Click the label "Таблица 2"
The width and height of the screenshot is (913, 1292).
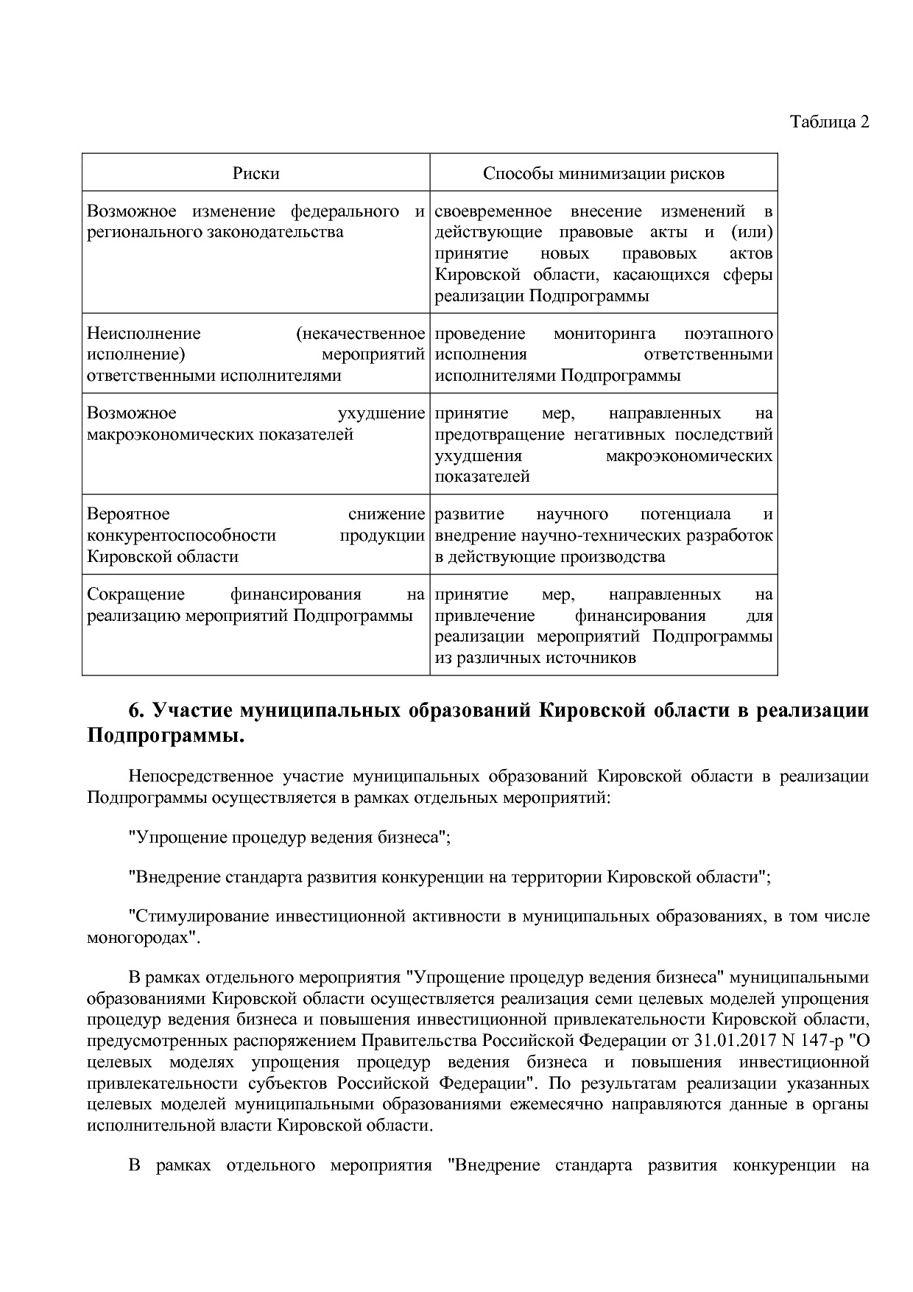pyautogui.click(x=829, y=122)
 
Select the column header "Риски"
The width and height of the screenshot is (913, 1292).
pyautogui.click(x=255, y=173)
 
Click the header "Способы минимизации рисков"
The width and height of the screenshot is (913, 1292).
pyautogui.click(x=603, y=173)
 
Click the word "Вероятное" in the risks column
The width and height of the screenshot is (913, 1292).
pyautogui.click(x=128, y=513)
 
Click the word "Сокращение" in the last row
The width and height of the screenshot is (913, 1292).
pyautogui.click(x=135, y=594)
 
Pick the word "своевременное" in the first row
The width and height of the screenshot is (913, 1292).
pyautogui.click(x=493, y=211)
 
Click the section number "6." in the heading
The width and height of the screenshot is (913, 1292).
pyautogui.click(x=135, y=711)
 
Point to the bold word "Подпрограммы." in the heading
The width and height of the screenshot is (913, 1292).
pyautogui.click(x=165, y=735)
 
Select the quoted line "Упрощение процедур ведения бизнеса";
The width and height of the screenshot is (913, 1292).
pyautogui.click(x=289, y=837)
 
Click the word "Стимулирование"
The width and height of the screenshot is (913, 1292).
pyautogui.click(x=199, y=916)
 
